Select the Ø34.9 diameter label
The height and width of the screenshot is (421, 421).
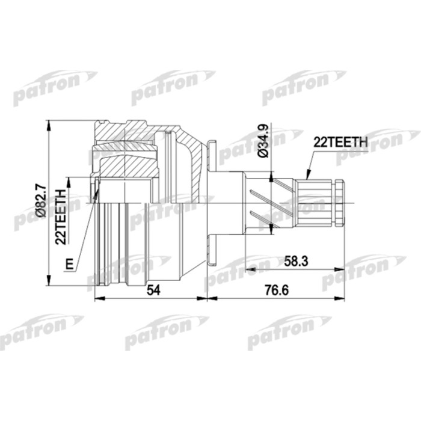pos(263,143)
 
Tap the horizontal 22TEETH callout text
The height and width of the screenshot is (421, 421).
pos(340,142)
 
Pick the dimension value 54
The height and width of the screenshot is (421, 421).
pos(155,290)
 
